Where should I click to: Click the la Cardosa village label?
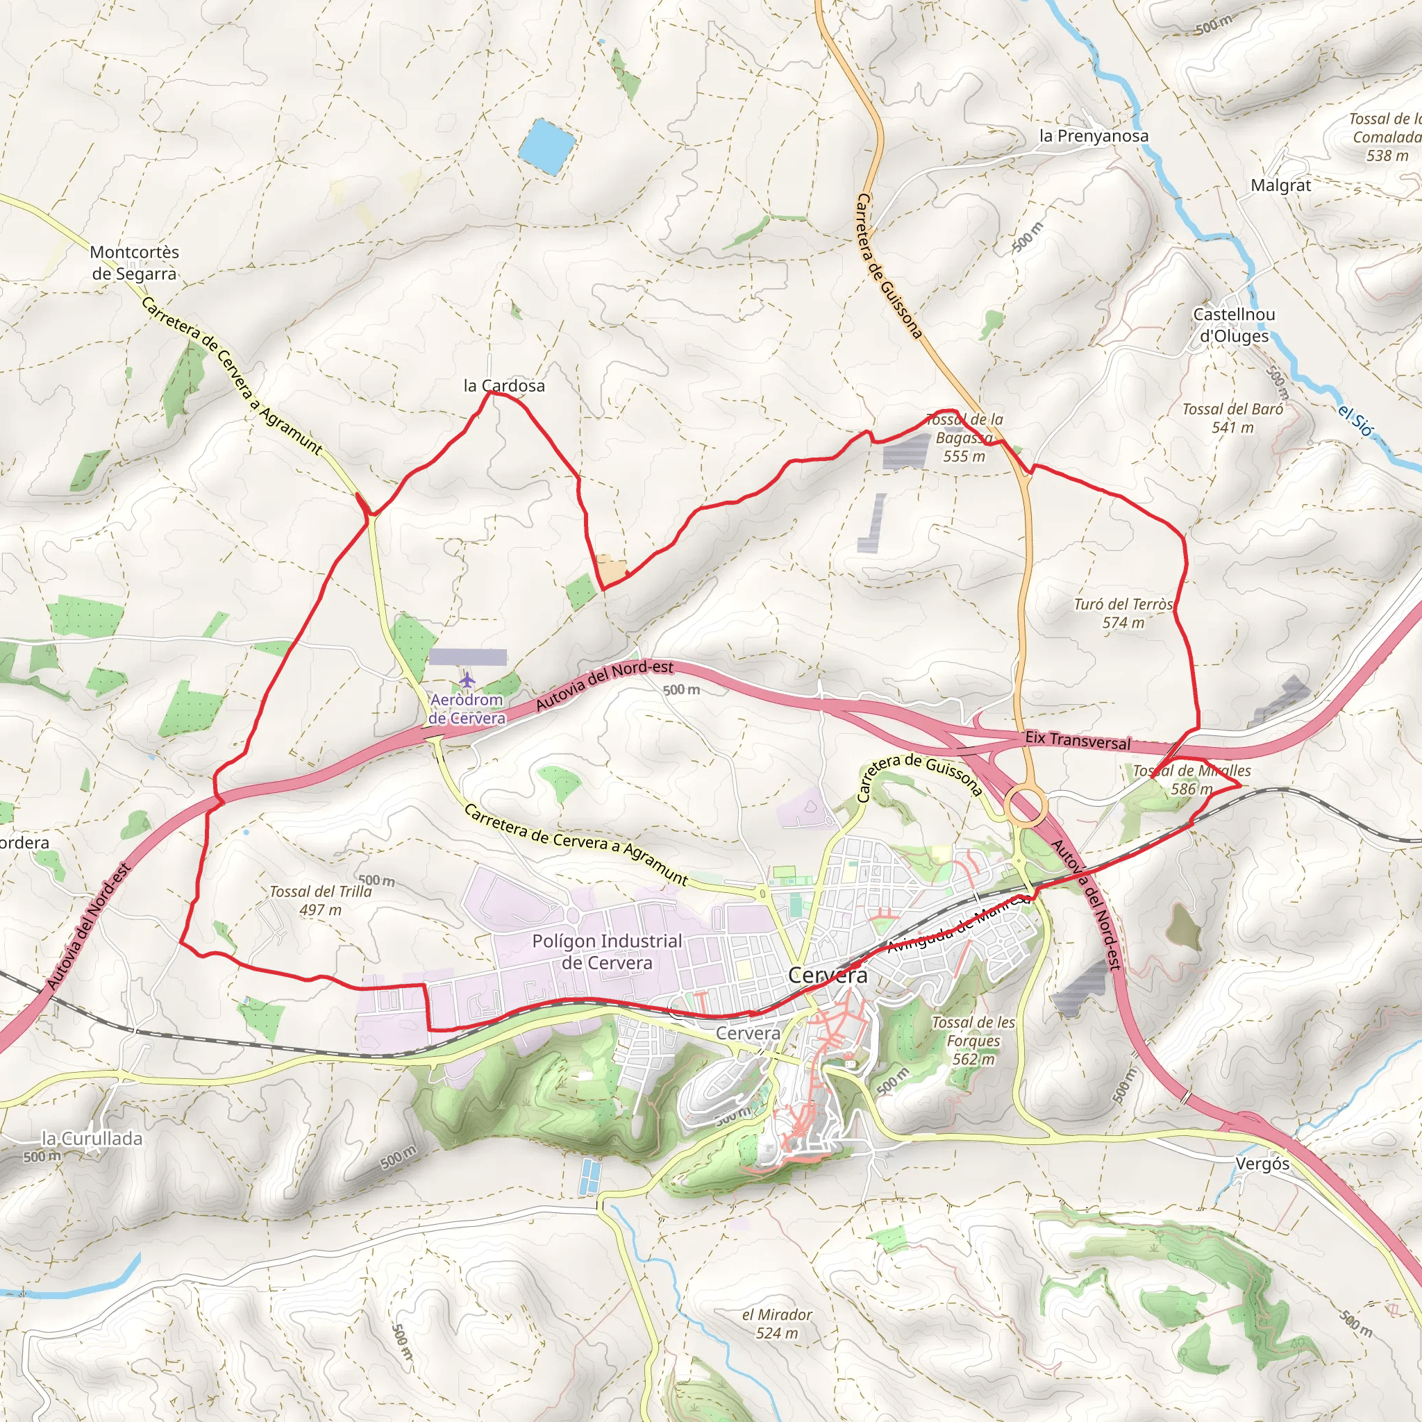pyautogui.click(x=504, y=385)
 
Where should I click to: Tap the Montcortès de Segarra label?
pyautogui.click(x=134, y=262)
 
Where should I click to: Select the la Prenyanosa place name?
pyautogui.click(x=1093, y=136)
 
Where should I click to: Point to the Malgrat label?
pyautogui.click(x=1280, y=185)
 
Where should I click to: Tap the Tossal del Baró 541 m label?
pyautogui.click(x=1232, y=418)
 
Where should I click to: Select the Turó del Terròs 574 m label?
pyautogui.click(x=1123, y=613)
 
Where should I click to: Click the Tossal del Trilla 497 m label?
pyautogui.click(x=320, y=900)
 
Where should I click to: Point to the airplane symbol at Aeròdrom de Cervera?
pyautogui.click(x=467, y=678)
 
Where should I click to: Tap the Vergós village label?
pyautogui.click(x=1262, y=1164)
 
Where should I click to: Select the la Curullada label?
pyautogui.click(x=92, y=1139)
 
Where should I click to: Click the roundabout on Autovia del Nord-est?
pyautogui.click(x=1026, y=805)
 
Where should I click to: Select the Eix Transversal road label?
pyautogui.click(x=1078, y=741)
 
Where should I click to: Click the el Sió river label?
pyautogui.click(x=1355, y=420)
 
